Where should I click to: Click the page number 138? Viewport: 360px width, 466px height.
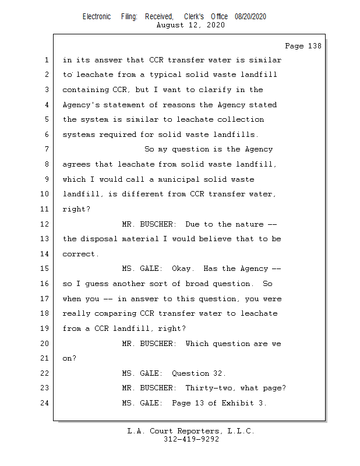tap(315, 46)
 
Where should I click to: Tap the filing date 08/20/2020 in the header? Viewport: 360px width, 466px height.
tap(250, 17)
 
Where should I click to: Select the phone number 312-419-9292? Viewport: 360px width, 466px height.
tap(191, 439)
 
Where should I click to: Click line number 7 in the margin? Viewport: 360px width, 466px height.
tap(47, 149)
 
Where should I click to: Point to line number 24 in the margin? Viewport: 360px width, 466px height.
tap(45, 403)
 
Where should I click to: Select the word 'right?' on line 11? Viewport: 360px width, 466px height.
tap(76, 209)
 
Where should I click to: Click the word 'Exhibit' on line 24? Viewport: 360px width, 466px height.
tap(238, 403)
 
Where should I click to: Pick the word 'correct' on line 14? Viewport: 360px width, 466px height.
tap(79, 255)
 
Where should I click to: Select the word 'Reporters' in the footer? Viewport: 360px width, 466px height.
tap(197, 431)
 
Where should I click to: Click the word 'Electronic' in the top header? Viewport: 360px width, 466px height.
tap(97, 17)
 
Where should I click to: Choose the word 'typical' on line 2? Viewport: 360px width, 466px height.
tap(165, 75)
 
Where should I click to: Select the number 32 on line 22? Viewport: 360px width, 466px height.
tap(218, 373)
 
